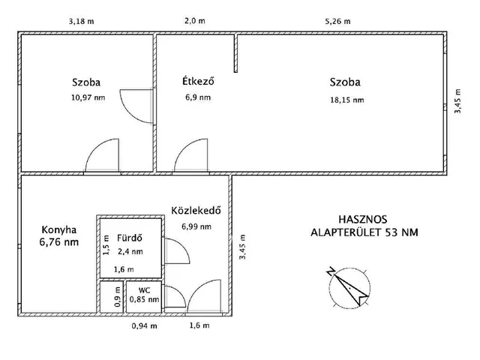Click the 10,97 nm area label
tap(88, 97)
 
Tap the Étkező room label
tap(198, 81)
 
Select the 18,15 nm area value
tap(347, 100)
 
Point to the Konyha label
tap(58, 230)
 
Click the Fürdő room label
tap(130, 238)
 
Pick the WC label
tap(144, 290)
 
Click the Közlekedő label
tap(196, 211)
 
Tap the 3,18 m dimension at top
tap(81, 22)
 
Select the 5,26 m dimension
tap(337, 22)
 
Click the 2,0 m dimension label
tap(195, 21)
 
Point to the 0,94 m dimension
tap(145, 326)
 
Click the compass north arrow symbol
tap(349, 286)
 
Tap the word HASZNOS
tap(363, 220)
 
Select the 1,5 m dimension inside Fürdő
tap(106, 245)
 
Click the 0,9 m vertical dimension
tap(117, 297)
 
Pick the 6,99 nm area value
tap(196, 226)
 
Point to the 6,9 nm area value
tap(198, 97)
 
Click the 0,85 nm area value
tap(144, 299)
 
